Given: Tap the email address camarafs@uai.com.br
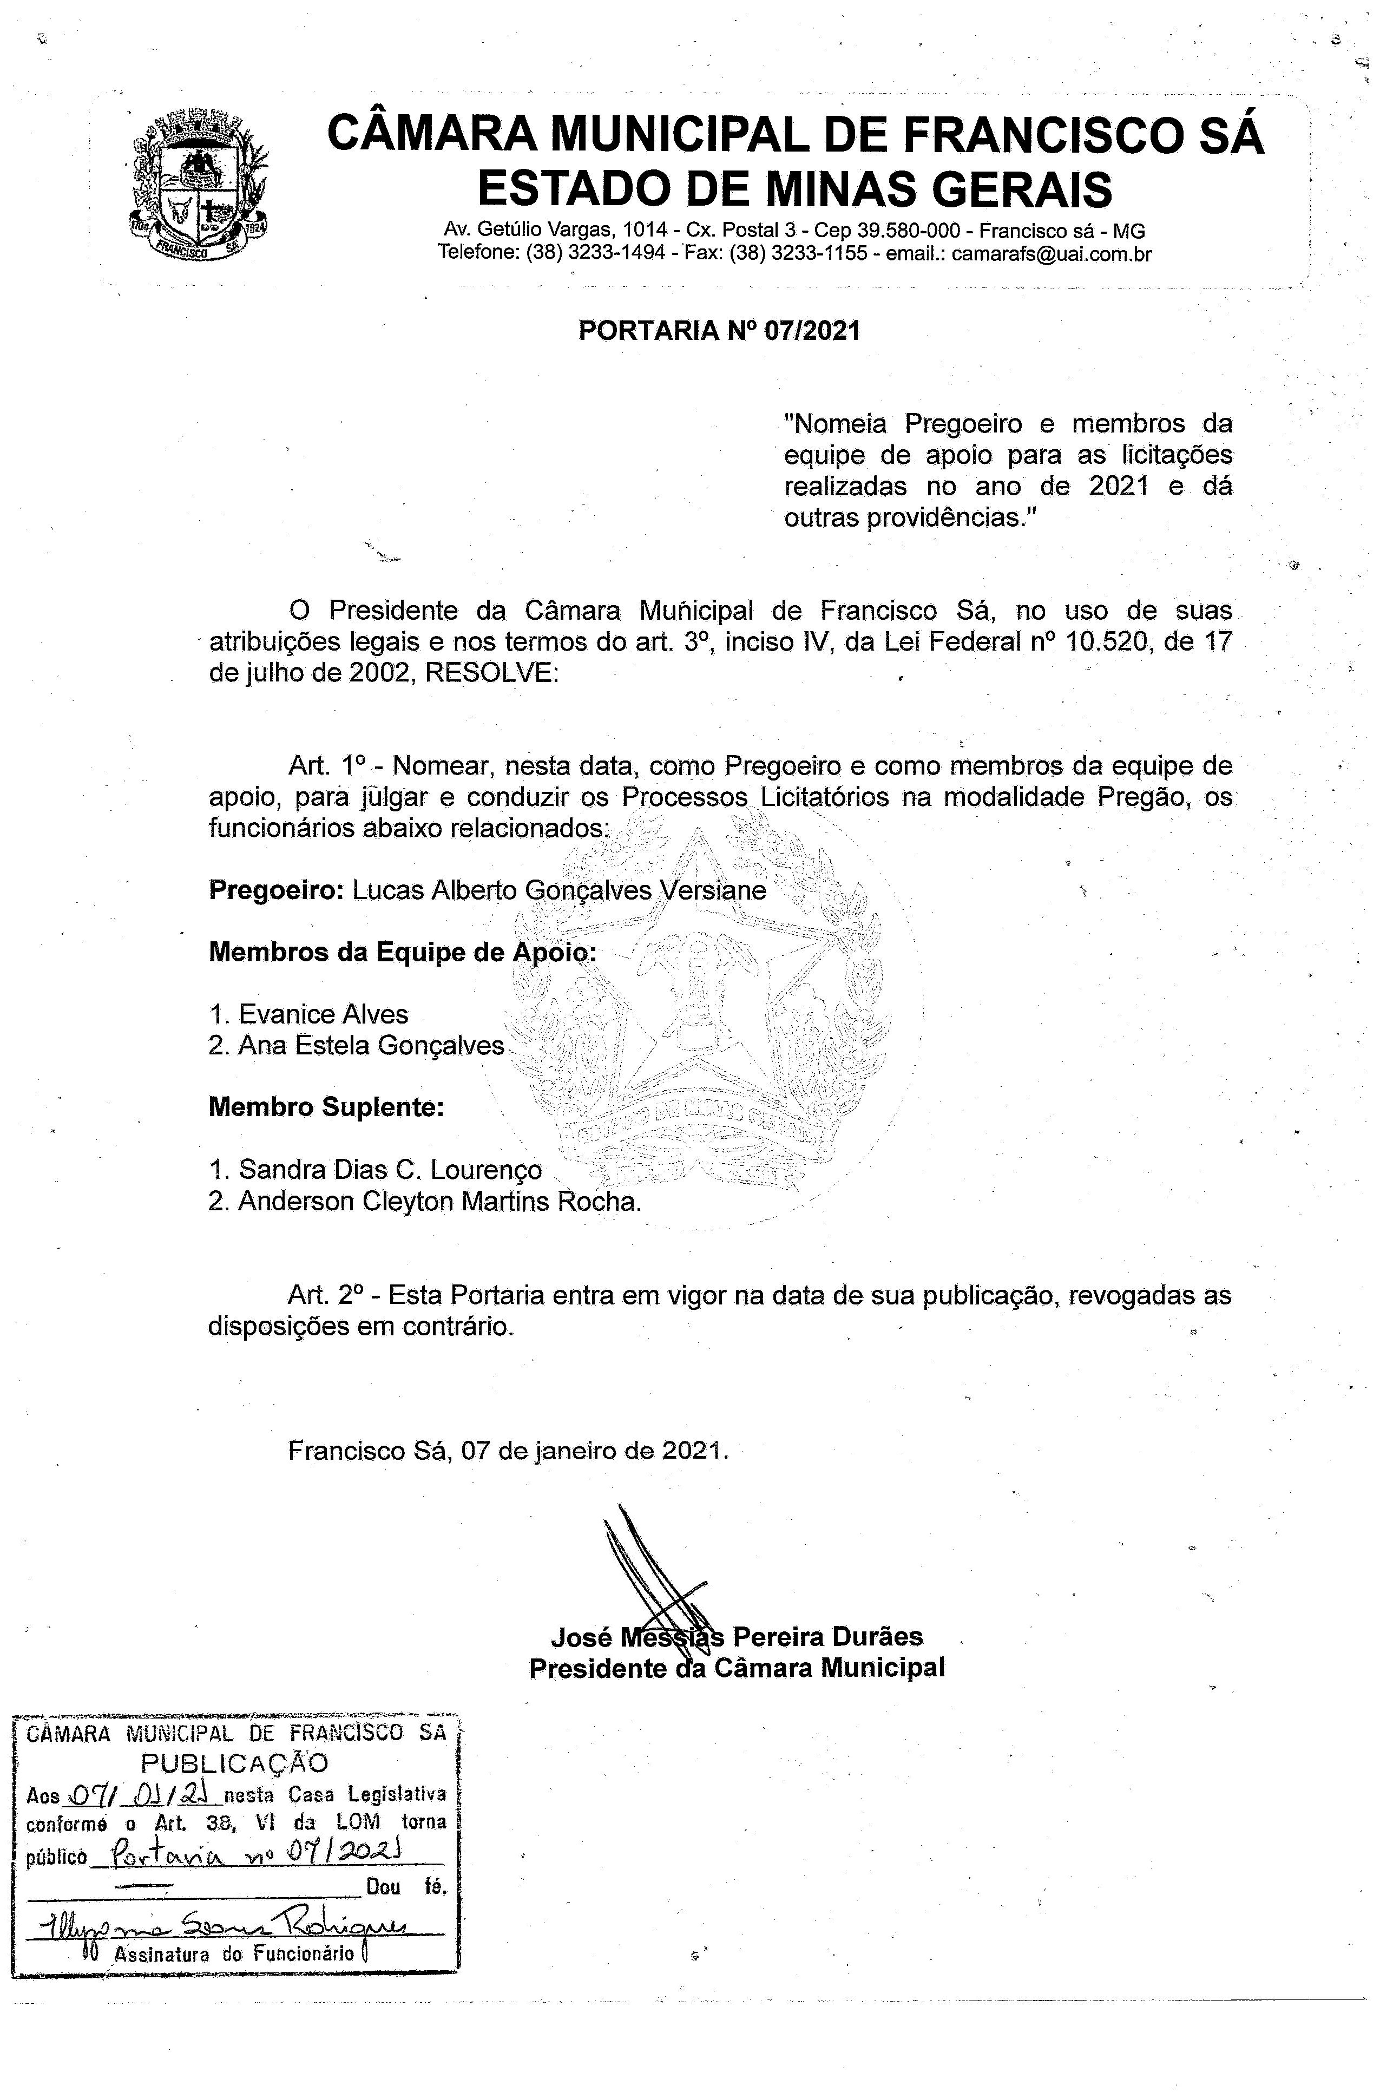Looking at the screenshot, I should point(1052,254).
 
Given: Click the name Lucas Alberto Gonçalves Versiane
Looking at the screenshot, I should point(560,891).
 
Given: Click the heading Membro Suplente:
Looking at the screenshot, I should point(326,1107).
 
